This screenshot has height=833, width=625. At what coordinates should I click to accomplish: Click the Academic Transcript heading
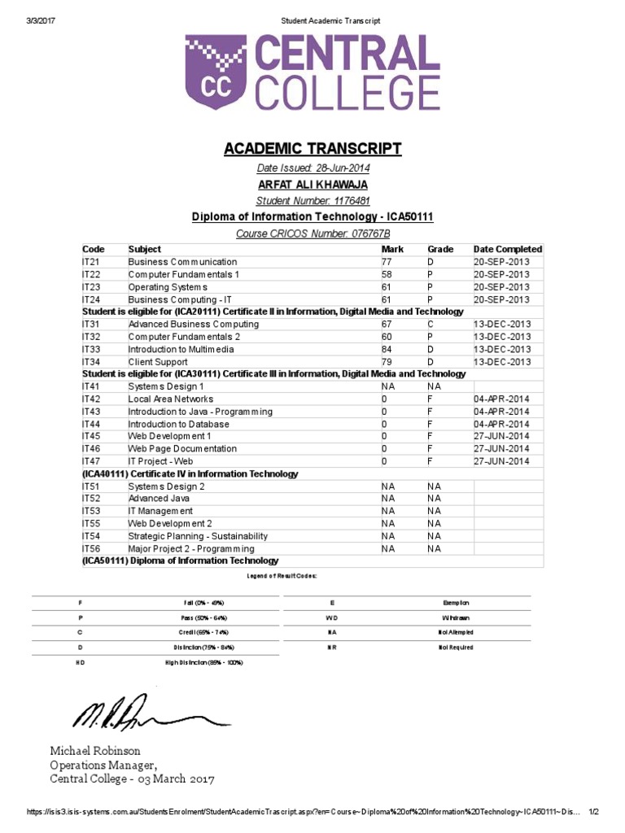point(312,148)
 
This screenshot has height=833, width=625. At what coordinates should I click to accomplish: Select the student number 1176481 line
point(312,201)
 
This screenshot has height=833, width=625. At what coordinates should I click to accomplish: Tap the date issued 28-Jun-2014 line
point(312,168)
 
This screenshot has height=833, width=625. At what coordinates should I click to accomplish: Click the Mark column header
point(392,249)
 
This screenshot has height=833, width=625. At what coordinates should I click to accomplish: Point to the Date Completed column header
point(507,249)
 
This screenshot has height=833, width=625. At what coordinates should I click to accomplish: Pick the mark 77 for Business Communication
point(387,262)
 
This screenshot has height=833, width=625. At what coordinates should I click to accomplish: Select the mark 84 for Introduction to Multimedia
point(387,349)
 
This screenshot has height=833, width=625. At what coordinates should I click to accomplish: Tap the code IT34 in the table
point(90,362)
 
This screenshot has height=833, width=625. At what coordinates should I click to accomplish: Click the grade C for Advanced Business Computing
point(431,324)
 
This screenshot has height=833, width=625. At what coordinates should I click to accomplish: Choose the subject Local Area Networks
point(171,399)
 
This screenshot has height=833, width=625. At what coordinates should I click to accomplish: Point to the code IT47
point(90,461)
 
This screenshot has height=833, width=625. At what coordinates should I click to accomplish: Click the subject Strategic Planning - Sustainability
point(198,536)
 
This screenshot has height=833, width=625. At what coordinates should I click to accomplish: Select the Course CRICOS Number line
point(312,233)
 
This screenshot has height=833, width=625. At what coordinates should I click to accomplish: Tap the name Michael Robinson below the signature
point(95,751)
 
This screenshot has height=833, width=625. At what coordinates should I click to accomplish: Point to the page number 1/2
point(593,812)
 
